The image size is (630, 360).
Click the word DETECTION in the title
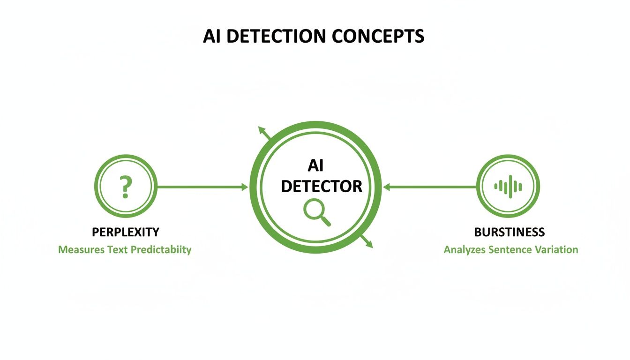277,36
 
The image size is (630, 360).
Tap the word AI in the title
212,36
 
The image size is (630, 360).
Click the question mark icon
125,187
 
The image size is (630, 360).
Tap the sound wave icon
508,187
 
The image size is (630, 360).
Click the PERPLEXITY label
125,232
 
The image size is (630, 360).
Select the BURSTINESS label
510,232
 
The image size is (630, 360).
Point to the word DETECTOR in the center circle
322,186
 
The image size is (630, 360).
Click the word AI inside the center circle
315,166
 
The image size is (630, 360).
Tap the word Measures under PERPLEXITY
81,249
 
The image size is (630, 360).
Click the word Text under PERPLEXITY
117,249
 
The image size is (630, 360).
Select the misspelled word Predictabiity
161,249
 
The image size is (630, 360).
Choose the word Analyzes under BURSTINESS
464,249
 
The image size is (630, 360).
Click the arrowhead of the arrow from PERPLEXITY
245,187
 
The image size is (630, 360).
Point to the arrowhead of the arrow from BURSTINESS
387,187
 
